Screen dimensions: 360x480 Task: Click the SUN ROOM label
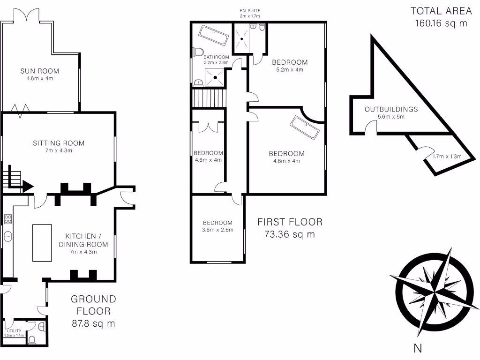(39, 71)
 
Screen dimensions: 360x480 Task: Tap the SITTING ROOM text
(59, 143)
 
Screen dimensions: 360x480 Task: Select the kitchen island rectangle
(42, 242)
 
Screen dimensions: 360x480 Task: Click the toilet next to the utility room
(32, 339)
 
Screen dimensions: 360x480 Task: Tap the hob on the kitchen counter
(8, 219)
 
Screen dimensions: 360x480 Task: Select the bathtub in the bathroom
(213, 35)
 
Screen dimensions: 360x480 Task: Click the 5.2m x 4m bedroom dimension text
(290, 69)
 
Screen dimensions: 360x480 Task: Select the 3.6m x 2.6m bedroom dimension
(217, 230)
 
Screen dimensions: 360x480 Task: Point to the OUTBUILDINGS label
(391, 109)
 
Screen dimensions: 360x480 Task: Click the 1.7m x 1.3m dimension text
(447, 157)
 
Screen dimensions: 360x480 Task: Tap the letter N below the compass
(418, 348)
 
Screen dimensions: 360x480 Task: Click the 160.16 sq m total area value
(441, 23)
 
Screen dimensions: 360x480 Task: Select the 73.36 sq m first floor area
(289, 234)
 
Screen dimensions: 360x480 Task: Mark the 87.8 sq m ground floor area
(93, 323)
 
